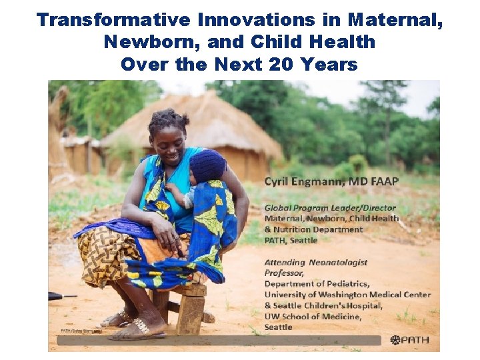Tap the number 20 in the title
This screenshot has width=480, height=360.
click(282, 65)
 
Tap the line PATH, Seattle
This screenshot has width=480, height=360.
click(291, 240)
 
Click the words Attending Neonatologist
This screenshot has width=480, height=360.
click(315, 263)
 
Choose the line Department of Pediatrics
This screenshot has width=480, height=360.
click(315, 284)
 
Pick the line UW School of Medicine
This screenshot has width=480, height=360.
click(313, 316)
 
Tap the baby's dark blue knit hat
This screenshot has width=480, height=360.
click(208, 165)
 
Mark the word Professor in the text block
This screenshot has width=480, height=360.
click(284, 273)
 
